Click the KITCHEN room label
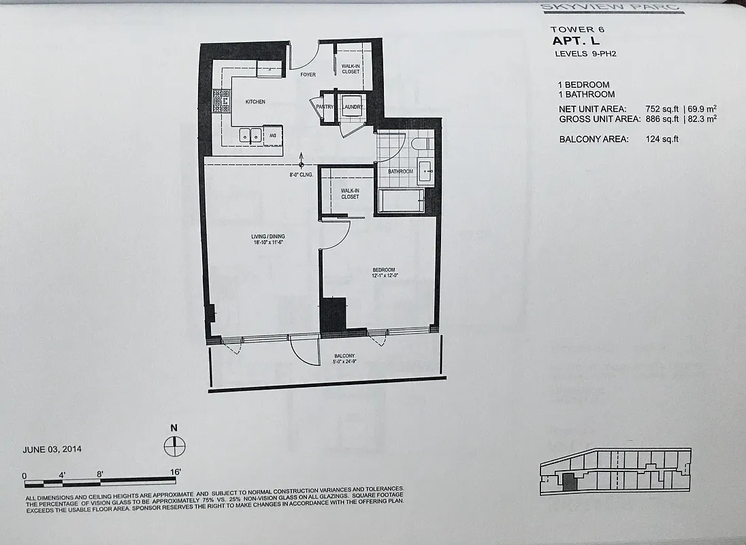click(x=255, y=102)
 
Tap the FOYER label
click(x=308, y=75)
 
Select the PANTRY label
click(x=325, y=106)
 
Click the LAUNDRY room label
click(x=353, y=107)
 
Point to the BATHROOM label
click(x=401, y=172)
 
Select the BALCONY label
click(x=344, y=356)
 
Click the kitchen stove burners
click(x=221, y=102)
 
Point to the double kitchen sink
click(x=249, y=136)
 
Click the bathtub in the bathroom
click(x=401, y=200)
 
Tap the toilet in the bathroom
click(x=420, y=143)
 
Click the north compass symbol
click(x=174, y=446)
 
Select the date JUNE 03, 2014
click(x=52, y=450)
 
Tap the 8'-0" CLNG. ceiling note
click(x=301, y=175)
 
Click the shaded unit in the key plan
click(x=568, y=483)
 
